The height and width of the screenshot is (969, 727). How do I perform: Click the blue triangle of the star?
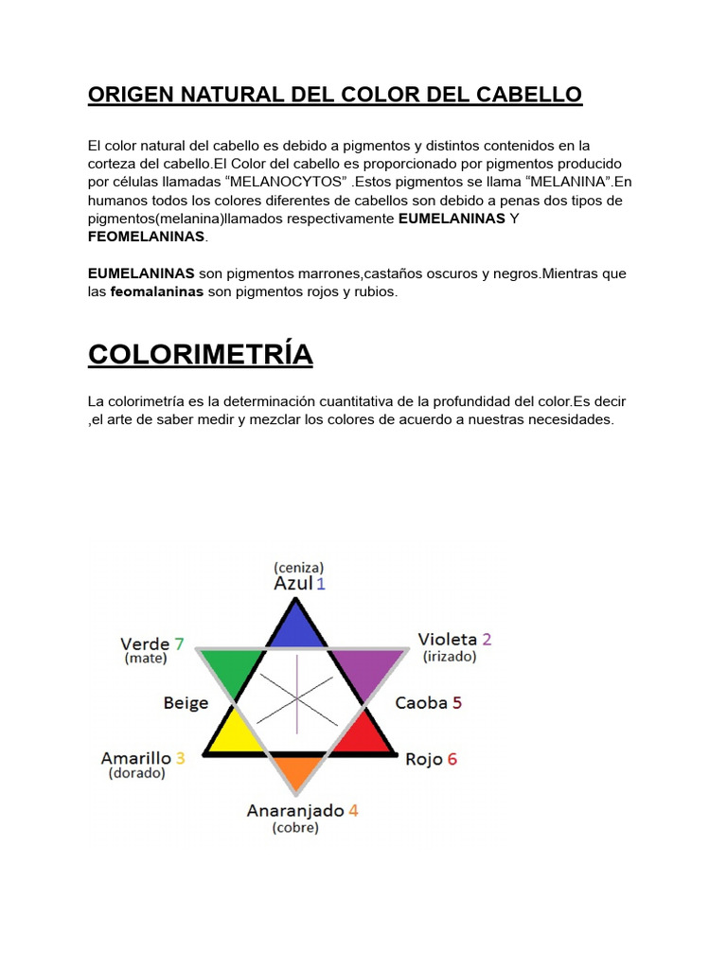click(297, 627)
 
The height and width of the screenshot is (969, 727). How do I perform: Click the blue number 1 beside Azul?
click(321, 584)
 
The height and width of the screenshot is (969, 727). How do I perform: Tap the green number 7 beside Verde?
click(179, 643)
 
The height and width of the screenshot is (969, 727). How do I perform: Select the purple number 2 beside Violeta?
click(487, 640)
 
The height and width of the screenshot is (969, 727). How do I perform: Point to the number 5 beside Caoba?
click(457, 703)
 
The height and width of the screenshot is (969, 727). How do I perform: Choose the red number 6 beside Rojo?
click(452, 759)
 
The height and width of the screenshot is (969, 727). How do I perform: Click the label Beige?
click(186, 703)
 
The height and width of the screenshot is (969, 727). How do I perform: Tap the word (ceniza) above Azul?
click(298, 567)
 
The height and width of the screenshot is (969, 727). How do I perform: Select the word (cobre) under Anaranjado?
click(295, 828)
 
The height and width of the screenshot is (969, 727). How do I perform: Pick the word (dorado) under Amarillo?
click(137, 773)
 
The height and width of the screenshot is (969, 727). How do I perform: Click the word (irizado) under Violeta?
click(450, 656)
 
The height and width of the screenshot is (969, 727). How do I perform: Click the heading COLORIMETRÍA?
click(200, 354)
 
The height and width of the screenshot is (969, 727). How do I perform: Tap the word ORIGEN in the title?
click(128, 95)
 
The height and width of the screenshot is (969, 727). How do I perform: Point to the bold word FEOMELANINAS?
click(147, 237)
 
